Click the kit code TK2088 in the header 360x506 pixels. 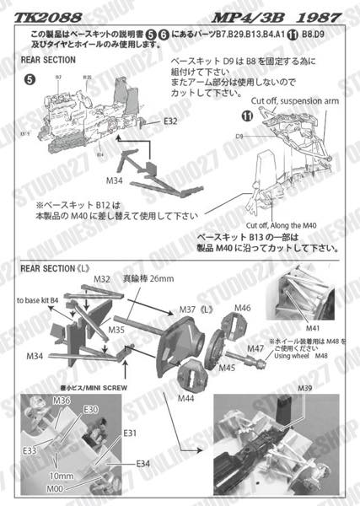click(40, 13)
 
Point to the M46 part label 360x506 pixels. click(244, 308)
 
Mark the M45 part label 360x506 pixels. click(226, 369)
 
